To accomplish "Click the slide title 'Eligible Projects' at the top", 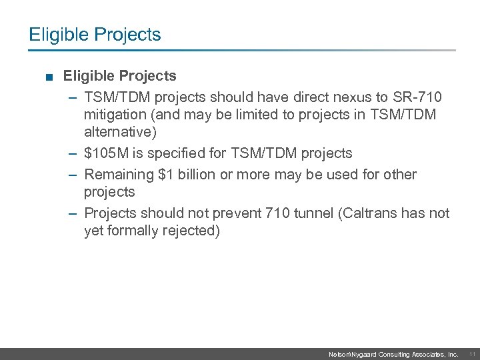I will [95, 35].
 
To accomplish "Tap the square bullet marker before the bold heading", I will [50, 77].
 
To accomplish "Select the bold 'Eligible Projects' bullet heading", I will [120, 76].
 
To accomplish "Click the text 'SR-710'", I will [418, 97].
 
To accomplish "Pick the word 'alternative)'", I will [121, 132].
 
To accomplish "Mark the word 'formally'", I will [135, 231].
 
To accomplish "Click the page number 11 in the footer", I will [471, 355].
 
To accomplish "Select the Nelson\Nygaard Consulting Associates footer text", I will [393, 355].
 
